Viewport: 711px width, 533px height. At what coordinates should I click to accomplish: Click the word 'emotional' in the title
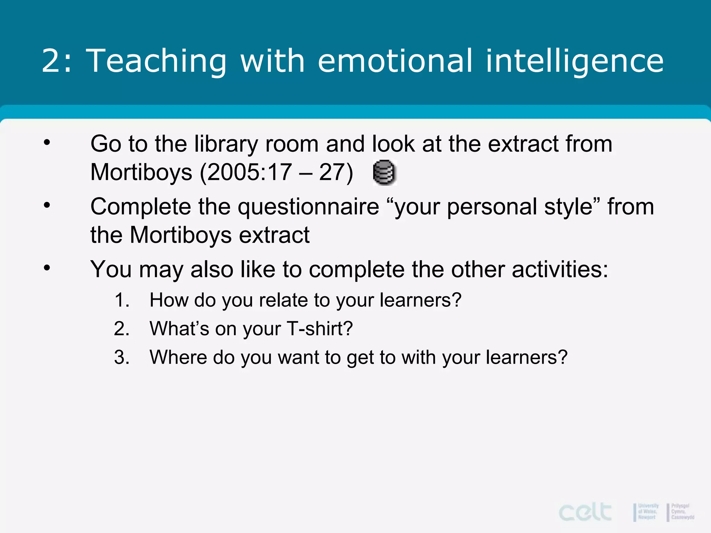(395, 61)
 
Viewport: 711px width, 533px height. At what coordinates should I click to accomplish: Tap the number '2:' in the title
(57, 61)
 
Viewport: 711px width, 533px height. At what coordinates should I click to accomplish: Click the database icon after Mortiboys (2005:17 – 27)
(384, 172)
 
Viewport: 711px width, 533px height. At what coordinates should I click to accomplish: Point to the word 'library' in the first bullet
(226, 144)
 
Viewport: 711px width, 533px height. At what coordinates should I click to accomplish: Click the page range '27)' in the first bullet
(336, 172)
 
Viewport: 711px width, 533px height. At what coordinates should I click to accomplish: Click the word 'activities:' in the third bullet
(560, 269)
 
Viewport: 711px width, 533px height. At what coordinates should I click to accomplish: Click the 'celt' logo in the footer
(585, 512)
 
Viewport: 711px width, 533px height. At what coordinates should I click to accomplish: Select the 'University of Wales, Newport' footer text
(648, 511)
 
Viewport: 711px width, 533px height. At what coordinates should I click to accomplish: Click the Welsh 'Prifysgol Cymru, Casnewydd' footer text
(682, 511)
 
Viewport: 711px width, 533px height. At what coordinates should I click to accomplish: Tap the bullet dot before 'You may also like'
(47, 268)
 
